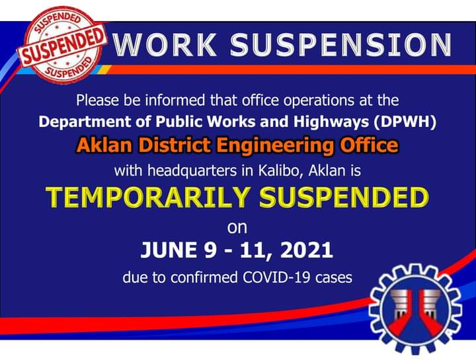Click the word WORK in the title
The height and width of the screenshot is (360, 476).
click(x=165, y=44)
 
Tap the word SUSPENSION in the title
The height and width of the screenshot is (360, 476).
click(x=340, y=44)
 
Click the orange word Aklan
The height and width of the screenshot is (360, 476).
click(x=104, y=145)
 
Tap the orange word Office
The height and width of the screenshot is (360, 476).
click(x=369, y=145)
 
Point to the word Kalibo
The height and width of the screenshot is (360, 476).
click(x=281, y=171)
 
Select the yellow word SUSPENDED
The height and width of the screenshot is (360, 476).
click(x=344, y=198)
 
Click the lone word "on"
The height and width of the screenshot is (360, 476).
click(x=237, y=228)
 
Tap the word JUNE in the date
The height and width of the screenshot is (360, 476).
click(x=169, y=250)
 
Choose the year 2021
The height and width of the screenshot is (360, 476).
click(x=307, y=250)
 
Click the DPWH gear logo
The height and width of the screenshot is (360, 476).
click(x=415, y=308)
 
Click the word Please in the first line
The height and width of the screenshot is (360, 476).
click(x=97, y=100)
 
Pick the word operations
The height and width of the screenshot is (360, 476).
click(x=319, y=101)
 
